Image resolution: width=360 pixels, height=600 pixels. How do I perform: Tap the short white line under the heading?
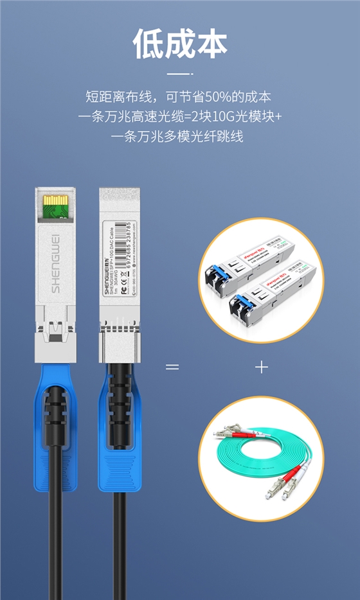[x=180, y=75]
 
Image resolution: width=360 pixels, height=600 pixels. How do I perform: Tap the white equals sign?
[x=172, y=367]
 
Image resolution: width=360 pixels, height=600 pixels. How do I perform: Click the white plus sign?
[x=261, y=367]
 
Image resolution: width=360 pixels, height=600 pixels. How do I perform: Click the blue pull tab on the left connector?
[x=55, y=418]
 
